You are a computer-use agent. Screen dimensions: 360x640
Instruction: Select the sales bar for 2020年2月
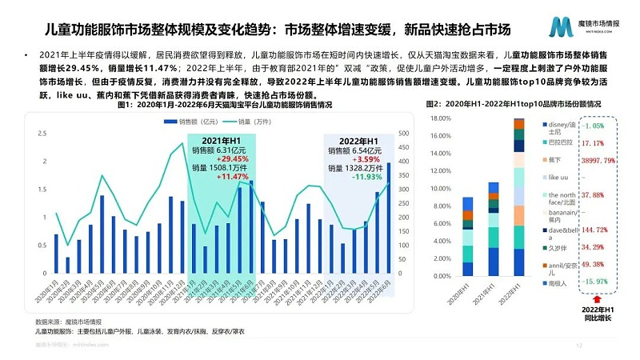tap(68, 266)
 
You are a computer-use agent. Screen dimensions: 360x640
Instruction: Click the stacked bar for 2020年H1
tap(468, 237)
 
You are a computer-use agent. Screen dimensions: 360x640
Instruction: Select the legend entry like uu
tap(558, 178)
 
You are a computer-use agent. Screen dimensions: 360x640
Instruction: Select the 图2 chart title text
tap(513, 105)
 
